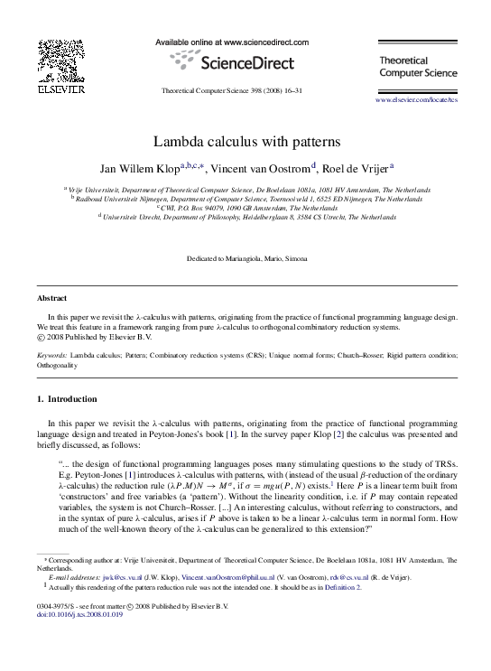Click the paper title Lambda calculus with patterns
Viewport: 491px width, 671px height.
point(245,142)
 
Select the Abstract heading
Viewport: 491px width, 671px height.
point(52,297)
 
